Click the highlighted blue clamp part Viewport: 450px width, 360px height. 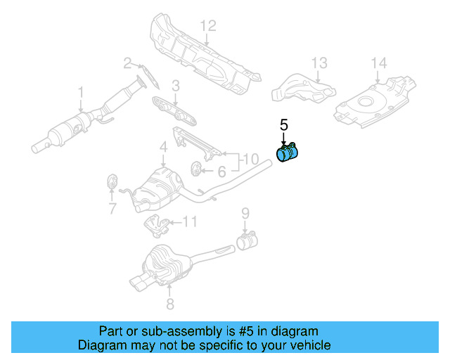tap(288, 154)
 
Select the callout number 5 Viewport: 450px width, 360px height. tap(284, 125)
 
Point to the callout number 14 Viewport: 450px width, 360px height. tap(378, 64)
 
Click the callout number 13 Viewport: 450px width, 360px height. tap(319, 64)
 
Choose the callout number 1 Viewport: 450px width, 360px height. tap(81, 92)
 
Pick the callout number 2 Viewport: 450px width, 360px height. tap(128, 63)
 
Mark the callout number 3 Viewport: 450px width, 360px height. tap(176, 86)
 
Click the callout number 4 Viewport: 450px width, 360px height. tap(162, 147)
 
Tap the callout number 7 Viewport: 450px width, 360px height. tap(111, 207)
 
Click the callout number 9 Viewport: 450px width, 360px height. tap(245, 213)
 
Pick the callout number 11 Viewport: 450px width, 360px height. tap(190, 223)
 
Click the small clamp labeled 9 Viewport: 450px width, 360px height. tap(247, 241)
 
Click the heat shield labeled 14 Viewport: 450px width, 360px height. tap(373, 102)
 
